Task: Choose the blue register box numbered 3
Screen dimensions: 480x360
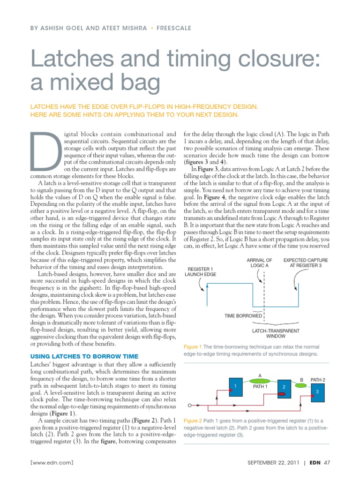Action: [x=317, y=391]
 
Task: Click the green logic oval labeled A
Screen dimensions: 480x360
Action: [x=260, y=380]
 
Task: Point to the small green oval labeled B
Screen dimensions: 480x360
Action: [x=301, y=384]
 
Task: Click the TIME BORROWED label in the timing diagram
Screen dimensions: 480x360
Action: [x=243, y=316]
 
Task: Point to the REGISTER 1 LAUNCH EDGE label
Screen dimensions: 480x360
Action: [x=200, y=271]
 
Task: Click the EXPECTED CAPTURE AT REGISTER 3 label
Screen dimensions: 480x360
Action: [x=306, y=262]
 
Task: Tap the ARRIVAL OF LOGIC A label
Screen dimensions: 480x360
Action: [x=259, y=262]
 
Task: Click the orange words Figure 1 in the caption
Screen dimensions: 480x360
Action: [x=191, y=346]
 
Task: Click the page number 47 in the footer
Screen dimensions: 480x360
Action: [x=327, y=463]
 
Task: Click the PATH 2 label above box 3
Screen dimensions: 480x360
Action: [x=318, y=379]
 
